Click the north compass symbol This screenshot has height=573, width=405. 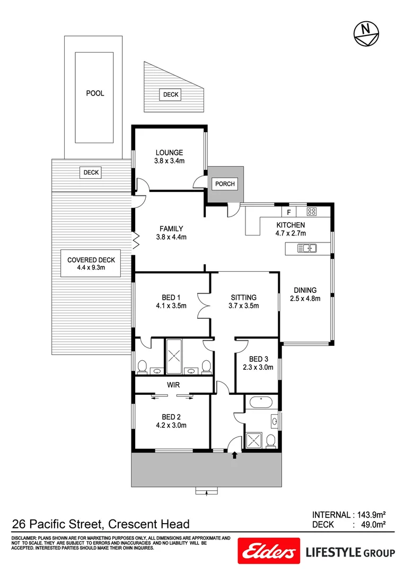[365, 33]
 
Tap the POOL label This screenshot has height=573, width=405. [95, 93]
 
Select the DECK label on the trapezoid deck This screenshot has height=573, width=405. [171, 94]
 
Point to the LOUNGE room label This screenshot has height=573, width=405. [169, 153]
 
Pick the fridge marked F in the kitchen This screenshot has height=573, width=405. [288, 212]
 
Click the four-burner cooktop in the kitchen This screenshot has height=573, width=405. [312, 212]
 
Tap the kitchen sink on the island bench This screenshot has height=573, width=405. [307, 248]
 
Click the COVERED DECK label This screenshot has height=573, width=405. [91, 260]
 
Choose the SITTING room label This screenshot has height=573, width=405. [243, 297]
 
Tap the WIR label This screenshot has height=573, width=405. [173, 384]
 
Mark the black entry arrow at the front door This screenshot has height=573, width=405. [234, 455]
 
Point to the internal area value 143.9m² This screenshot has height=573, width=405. [370, 515]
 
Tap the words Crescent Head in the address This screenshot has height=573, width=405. [149, 525]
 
